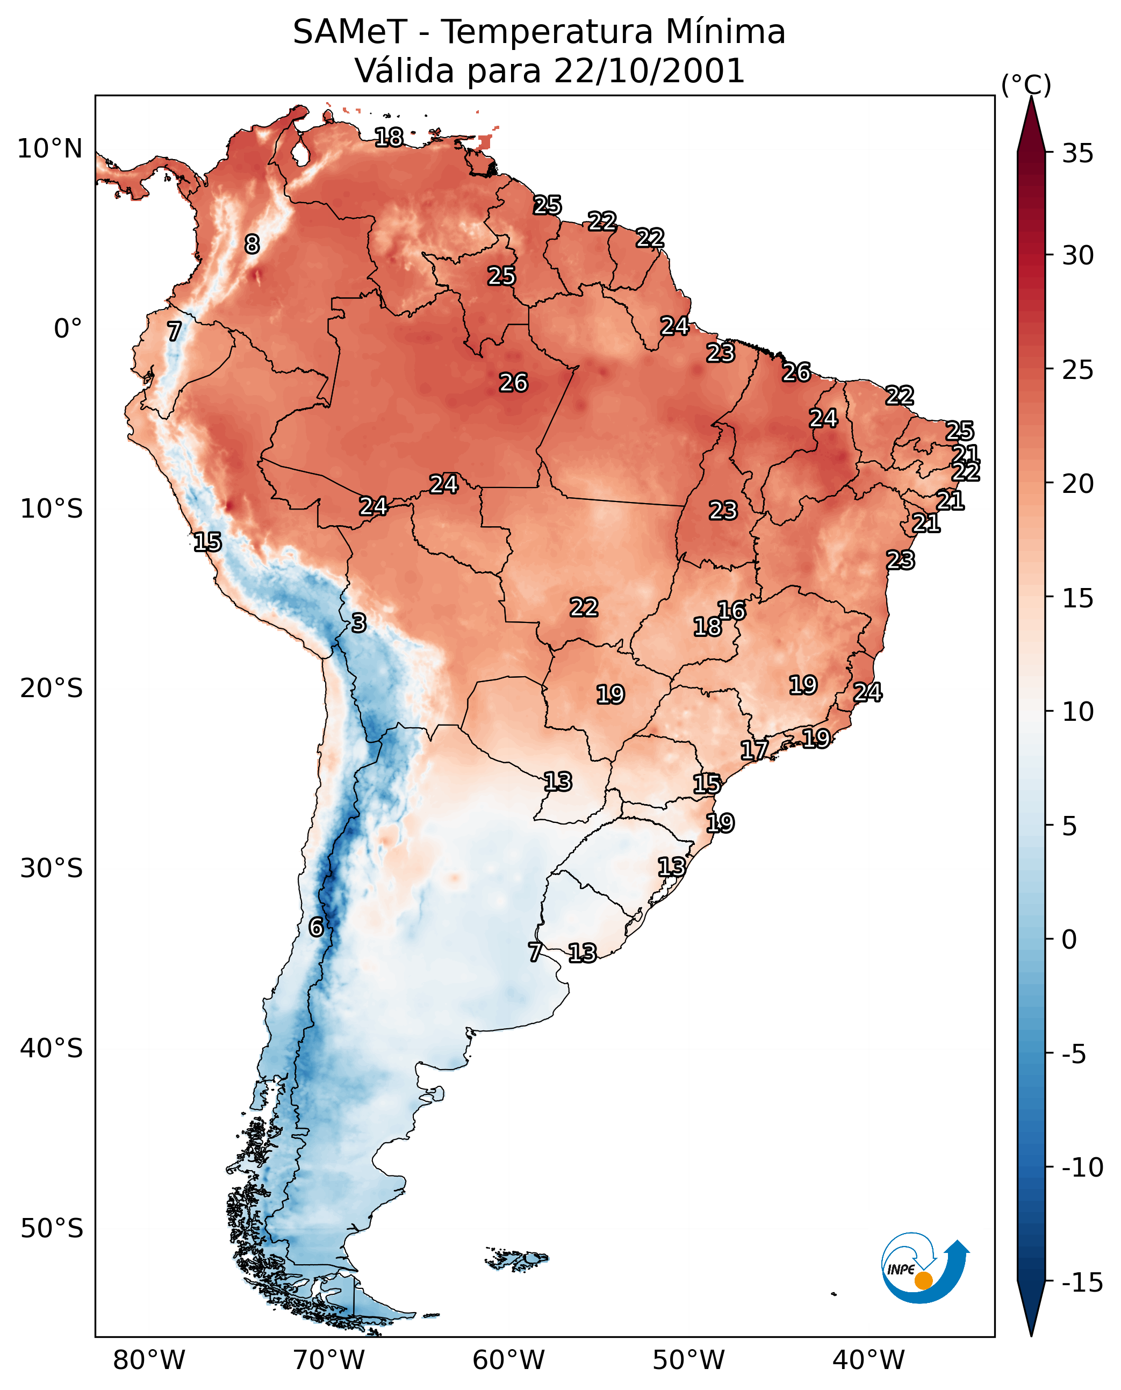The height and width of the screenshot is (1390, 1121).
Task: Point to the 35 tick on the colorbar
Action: pos(1077,154)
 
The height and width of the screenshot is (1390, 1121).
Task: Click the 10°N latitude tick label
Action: pos(50,149)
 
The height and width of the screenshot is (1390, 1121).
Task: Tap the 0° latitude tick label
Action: pos(68,329)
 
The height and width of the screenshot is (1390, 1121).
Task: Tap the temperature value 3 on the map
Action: pos(359,622)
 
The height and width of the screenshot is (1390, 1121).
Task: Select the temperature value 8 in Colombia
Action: pos(252,244)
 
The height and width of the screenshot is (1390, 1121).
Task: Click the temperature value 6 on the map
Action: pos(316,927)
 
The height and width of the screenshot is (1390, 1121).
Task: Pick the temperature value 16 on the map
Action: pos(731,611)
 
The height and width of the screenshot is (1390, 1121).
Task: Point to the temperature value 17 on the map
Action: pos(754,750)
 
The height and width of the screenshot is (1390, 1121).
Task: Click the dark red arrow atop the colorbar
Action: pos(1031,126)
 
